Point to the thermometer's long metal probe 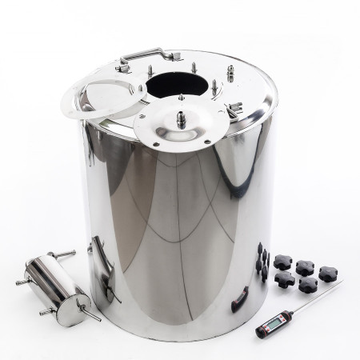tap(314, 298)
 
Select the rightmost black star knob tap(329, 274)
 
